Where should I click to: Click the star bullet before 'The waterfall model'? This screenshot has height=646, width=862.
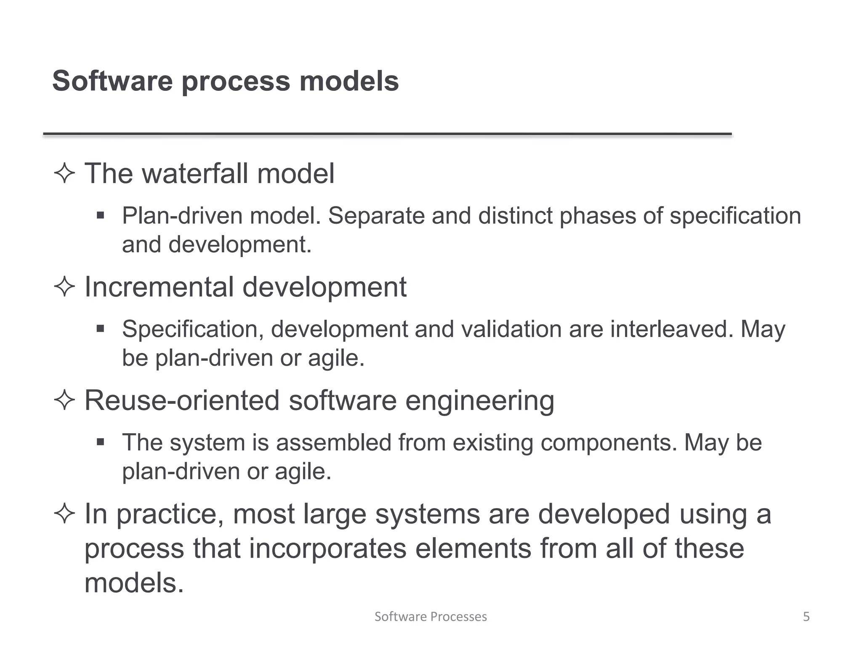[x=64, y=173]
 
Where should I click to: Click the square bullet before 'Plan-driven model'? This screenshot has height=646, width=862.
[x=100, y=216]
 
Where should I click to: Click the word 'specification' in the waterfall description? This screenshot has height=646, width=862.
[x=735, y=216]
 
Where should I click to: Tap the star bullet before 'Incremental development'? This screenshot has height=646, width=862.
[x=64, y=287]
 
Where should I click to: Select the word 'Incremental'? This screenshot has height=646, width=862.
[x=160, y=287]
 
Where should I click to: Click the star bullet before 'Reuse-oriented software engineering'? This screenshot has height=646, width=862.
[x=64, y=400]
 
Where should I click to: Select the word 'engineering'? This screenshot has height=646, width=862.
[x=479, y=400]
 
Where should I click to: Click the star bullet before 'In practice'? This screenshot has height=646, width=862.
[x=64, y=514]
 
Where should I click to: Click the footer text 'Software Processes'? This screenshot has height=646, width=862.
[x=431, y=617]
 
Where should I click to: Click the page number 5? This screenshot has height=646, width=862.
[x=806, y=617]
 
